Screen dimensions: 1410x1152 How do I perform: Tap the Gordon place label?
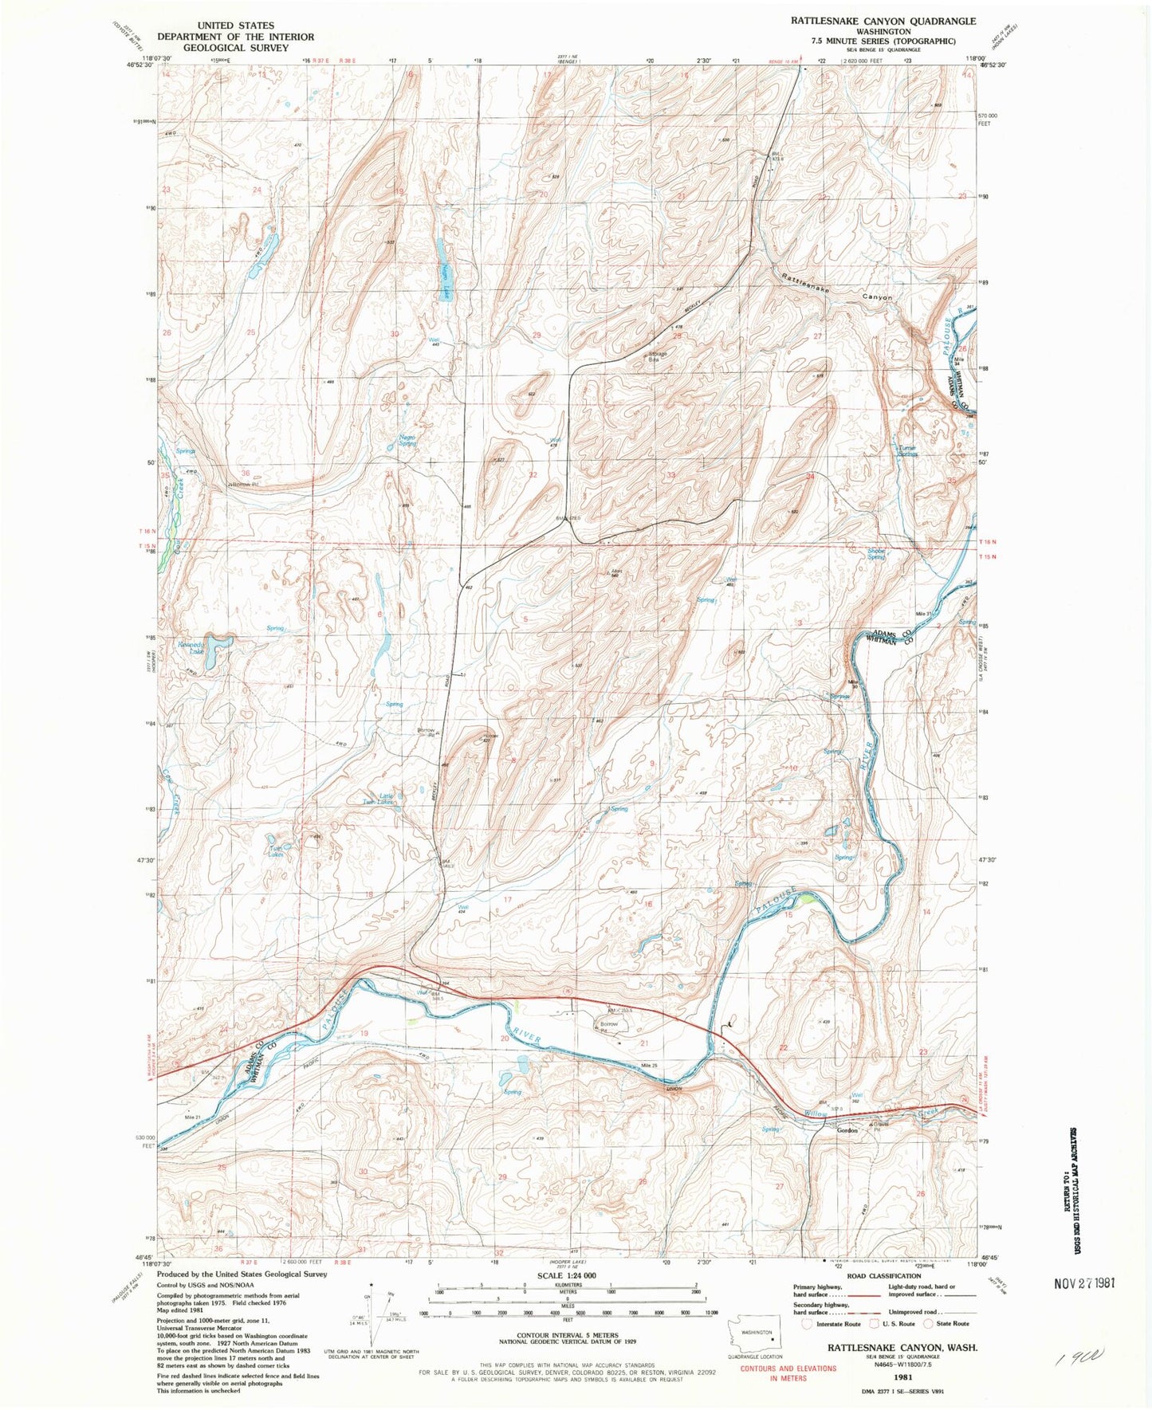(x=847, y=1130)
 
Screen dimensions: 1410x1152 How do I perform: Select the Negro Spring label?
(x=407, y=440)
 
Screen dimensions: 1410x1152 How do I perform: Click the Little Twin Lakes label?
(x=377, y=799)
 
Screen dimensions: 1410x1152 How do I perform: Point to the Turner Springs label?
(x=906, y=451)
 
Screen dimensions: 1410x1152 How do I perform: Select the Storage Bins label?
(x=657, y=356)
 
